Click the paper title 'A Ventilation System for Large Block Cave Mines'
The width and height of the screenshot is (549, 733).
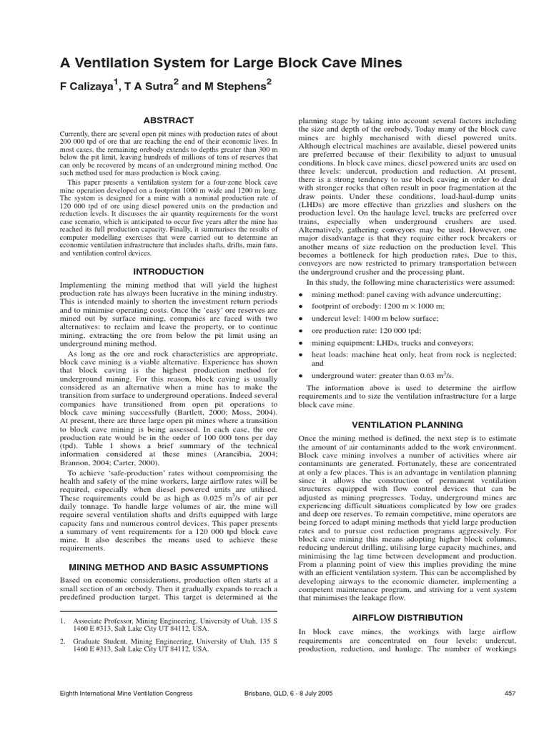(x=231, y=63)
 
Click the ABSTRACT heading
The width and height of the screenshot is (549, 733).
(x=168, y=120)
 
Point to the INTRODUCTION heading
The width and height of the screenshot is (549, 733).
(x=168, y=272)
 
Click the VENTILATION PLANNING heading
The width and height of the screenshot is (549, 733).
(x=407, y=424)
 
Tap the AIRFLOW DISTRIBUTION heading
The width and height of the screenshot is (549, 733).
(x=407, y=617)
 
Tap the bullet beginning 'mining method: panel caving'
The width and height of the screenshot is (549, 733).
(x=406, y=294)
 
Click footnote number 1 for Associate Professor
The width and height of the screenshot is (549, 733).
(x=63, y=621)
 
